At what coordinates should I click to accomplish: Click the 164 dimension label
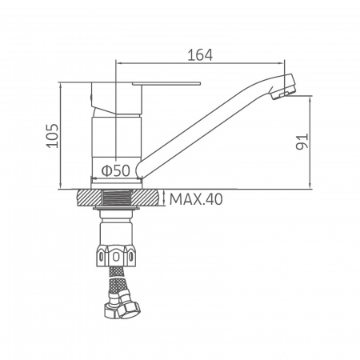tap(200, 55)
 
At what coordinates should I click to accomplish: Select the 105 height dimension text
tap(53, 136)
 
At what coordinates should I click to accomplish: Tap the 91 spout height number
tap(302, 142)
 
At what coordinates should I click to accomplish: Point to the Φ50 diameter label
tap(116, 170)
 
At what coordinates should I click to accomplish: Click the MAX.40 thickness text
tap(196, 199)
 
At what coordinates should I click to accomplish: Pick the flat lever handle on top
tap(166, 84)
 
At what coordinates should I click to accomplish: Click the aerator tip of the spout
tap(282, 86)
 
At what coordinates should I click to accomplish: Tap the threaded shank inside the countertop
tap(116, 198)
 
